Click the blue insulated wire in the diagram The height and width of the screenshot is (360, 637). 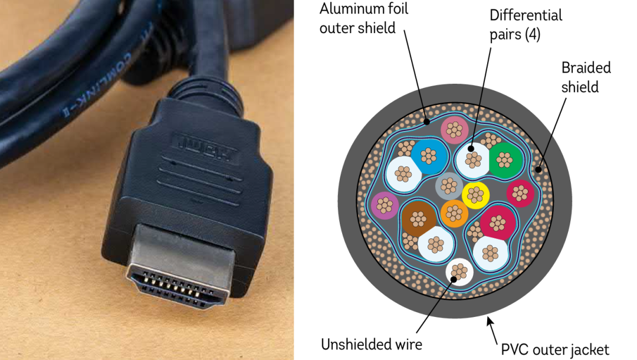tap(429, 155)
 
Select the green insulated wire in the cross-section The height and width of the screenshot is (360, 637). tap(505, 159)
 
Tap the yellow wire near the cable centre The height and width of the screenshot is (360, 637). tap(475, 193)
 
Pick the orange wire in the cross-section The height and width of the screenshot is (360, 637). tap(454, 212)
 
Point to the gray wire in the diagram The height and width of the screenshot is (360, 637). tap(449, 186)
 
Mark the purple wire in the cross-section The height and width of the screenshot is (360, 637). tap(386, 204)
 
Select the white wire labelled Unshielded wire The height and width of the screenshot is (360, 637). tap(459, 271)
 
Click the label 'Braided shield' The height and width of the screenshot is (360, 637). tap(586, 77)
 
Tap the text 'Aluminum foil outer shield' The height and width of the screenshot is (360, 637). tap(364, 18)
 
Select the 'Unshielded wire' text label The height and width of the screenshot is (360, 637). tap(372, 343)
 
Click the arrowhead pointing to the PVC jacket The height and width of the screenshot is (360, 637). tap(488, 320)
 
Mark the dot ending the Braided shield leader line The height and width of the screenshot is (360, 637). tap(537, 169)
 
